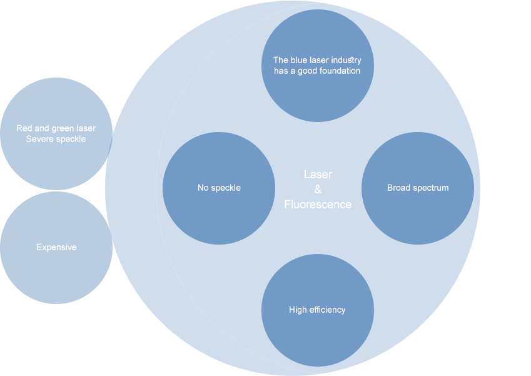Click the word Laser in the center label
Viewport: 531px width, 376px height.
[318, 175]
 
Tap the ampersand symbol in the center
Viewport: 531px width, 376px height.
[318, 190]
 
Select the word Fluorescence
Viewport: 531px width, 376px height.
[318, 205]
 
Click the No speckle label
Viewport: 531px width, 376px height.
[219, 188]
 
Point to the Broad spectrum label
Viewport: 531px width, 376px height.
[418, 188]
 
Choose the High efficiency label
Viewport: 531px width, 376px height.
[317, 310]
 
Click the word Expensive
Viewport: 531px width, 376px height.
[56, 247]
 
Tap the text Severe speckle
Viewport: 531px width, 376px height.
[56, 139]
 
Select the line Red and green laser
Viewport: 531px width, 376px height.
[56, 128]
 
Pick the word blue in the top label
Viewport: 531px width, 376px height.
[299, 60]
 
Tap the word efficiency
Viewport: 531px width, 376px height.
[326, 310]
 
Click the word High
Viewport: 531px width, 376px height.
[297, 310]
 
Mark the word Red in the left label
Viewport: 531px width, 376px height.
[24, 128]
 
